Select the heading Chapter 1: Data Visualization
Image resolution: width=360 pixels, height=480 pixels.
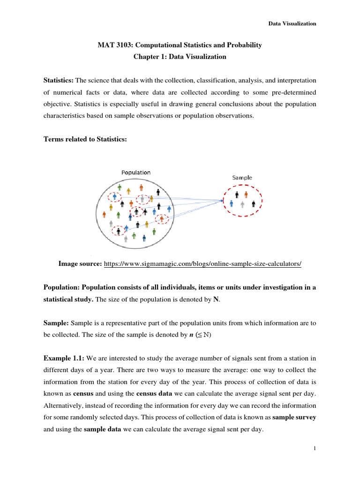[x=180, y=57]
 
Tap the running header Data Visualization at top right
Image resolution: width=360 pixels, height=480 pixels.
[x=292, y=23]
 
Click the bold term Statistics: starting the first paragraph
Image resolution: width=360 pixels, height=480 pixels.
[x=59, y=81]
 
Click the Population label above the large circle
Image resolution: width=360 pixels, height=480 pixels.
[x=136, y=172]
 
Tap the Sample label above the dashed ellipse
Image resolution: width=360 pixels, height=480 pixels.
[x=242, y=178]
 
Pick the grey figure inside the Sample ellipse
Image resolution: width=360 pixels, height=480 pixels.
[x=242, y=204]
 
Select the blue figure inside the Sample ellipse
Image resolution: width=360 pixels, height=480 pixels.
[x=232, y=203]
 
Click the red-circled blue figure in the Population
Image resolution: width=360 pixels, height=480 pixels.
[x=114, y=197]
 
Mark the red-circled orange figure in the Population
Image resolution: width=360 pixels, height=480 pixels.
[x=162, y=219]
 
